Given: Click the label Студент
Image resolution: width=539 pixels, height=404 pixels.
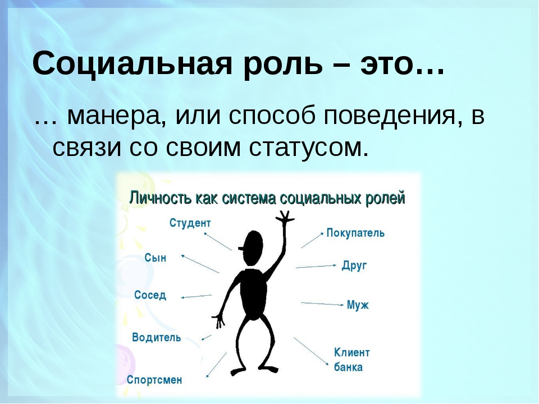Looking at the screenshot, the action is coord(190,223).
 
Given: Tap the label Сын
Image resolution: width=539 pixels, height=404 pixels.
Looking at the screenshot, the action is coord(156,258).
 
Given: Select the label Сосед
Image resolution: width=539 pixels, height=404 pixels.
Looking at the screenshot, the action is coord(150,295).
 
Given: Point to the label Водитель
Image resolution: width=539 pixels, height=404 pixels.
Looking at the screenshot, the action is coord(157,337).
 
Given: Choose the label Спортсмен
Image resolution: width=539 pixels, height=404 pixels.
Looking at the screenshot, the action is coord(154,380).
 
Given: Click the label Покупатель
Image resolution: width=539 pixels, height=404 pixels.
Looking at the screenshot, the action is coord(355,233).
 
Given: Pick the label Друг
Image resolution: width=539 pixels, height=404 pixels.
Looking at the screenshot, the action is coord(354,265).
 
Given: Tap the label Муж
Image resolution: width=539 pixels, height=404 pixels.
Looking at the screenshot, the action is coord(358,305).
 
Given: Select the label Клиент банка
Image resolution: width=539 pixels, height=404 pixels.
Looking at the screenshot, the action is coord(351,360).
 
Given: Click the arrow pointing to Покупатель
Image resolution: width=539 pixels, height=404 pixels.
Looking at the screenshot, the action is coord(313,240).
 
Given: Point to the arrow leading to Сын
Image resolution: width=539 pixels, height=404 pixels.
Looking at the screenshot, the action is coord(200,264).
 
